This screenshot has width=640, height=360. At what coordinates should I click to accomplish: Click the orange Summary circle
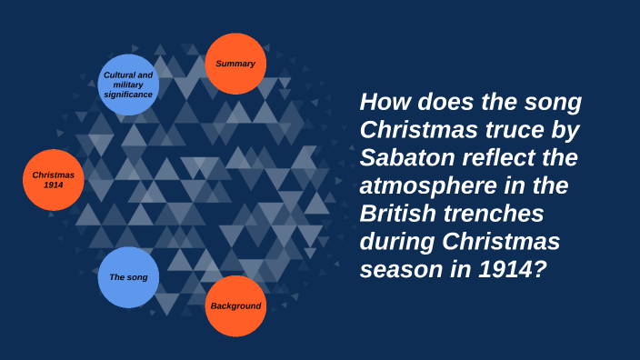pyautogui.click(x=235, y=64)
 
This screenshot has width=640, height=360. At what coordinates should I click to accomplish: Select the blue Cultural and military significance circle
pyautogui.click(x=128, y=85)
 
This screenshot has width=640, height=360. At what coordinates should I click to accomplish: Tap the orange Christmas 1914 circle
pyautogui.click(x=54, y=179)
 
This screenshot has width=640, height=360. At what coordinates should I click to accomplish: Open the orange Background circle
pyautogui.click(x=236, y=305)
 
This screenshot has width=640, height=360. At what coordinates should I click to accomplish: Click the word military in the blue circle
pyautogui.click(x=128, y=85)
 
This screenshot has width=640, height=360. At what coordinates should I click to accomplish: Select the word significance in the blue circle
pyautogui.click(x=128, y=94)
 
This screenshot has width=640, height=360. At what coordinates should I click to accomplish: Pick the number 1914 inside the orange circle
pyautogui.click(x=54, y=185)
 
